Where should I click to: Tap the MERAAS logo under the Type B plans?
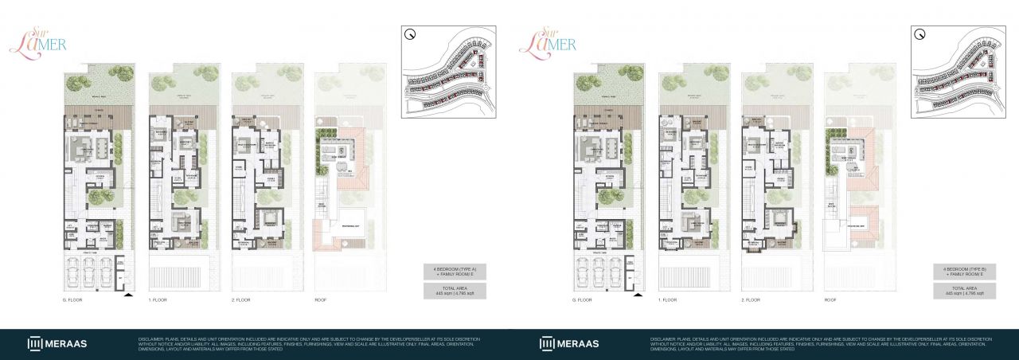click(568, 343)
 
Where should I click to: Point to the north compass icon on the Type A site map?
click(410, 34)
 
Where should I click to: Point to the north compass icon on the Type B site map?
click(919, 34)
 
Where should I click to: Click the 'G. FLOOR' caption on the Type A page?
click(74, 300)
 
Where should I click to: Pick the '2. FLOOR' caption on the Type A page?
click(241, 300)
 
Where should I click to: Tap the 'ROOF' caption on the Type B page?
click(830, 300)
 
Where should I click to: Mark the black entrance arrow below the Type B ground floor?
click(637, 295)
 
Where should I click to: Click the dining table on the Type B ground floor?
click(611, 148)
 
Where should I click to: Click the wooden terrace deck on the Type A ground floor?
click(91, 113)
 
